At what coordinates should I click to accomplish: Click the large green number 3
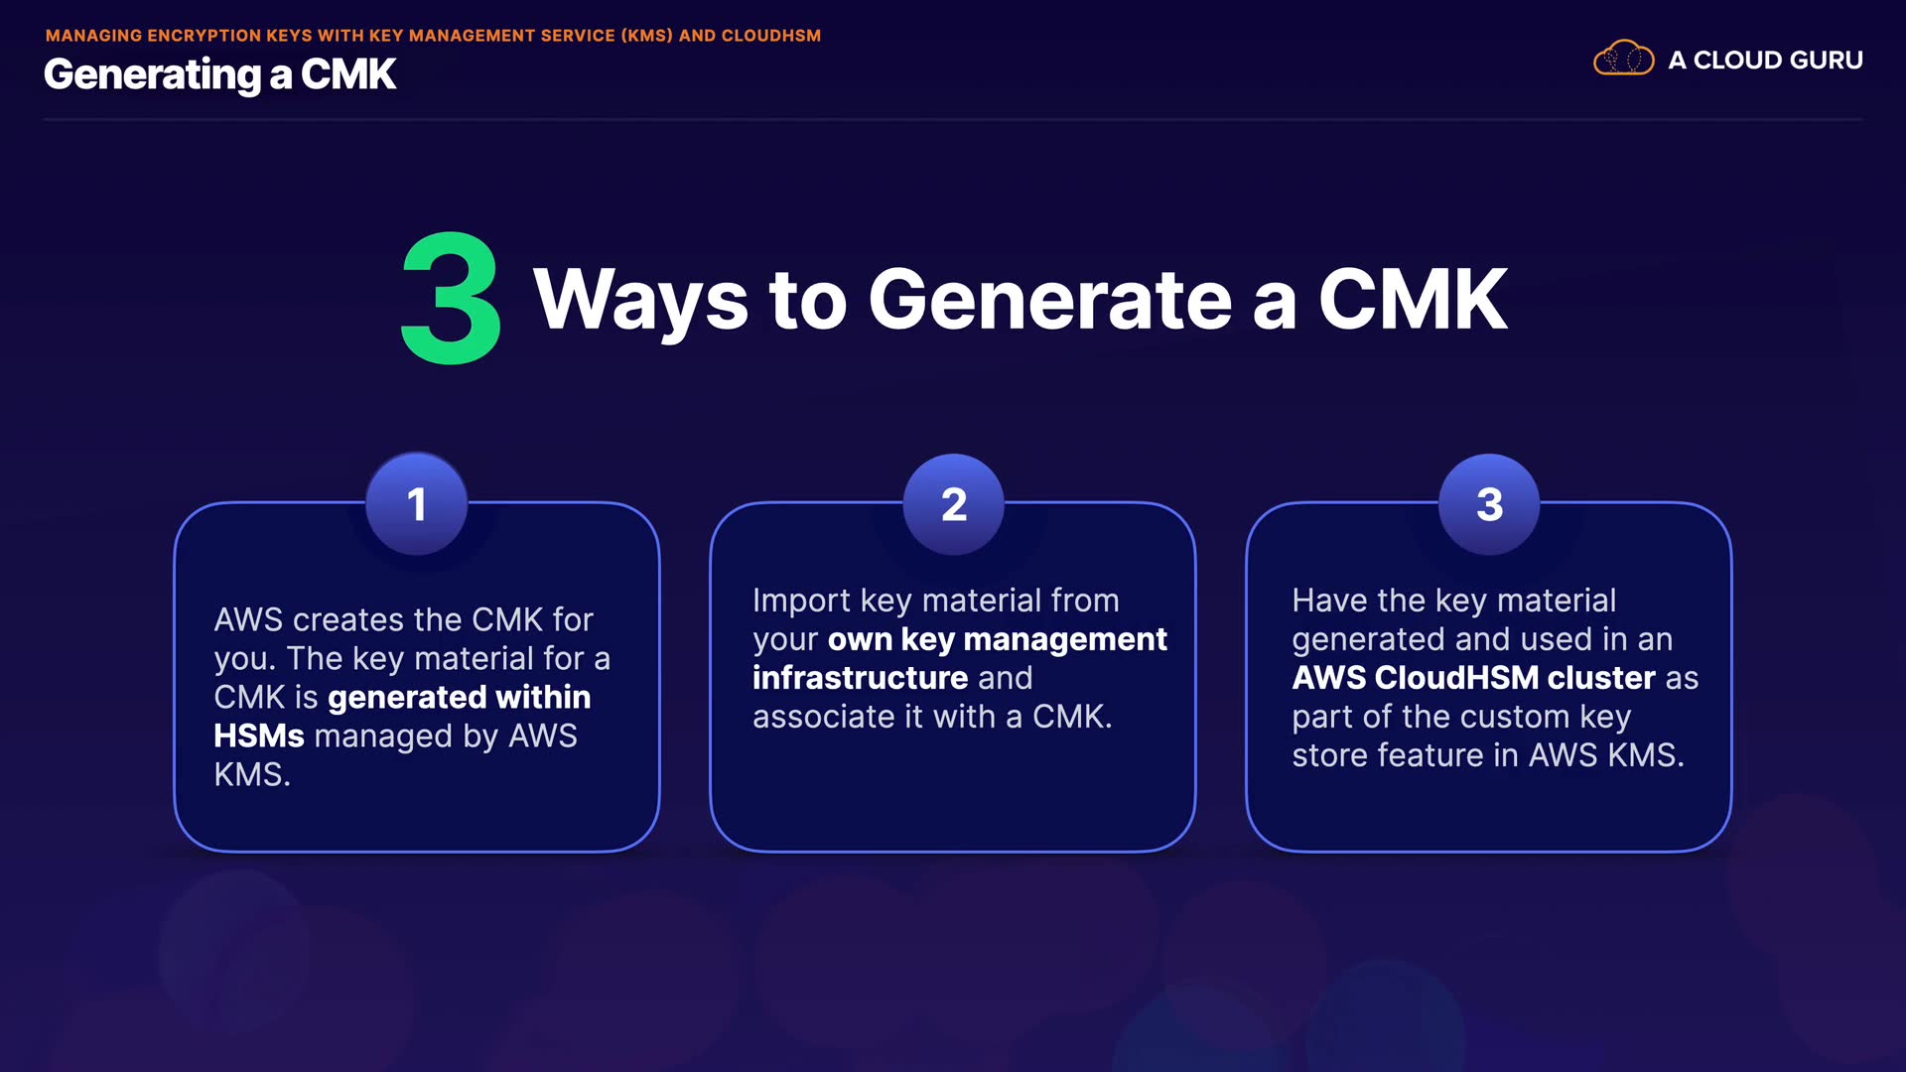pyautogui.click(x=451, y=299)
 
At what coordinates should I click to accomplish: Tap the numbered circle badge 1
pyautogui.click(x=417, y=504)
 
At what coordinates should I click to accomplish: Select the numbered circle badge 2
pyautogui.click(x=953, y=504)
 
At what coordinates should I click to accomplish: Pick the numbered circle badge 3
pyautogui.click(x=1489, y=504)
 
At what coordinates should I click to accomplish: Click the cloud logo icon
pyautogui.click(x=1623, y=59)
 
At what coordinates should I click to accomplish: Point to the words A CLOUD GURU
pyautogui.click(x=1765, y=61)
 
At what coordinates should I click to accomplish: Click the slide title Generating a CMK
pyautogui.click(x=219, y=75)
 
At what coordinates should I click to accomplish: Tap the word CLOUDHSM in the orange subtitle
pyautogui.click(x=770, y=36)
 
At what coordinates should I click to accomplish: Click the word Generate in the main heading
pyautogui.click(x=1049, y=300)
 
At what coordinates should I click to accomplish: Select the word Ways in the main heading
pyautogui.click(x=640, y=300)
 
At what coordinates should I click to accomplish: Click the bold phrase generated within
pyautogui.click(x=459, y=698)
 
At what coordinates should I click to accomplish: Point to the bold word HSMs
pyautogui.click(x=259, y=737)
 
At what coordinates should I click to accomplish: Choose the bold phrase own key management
pyautogui.click(x=997, y=640)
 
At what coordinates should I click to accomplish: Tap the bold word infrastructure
pyautogui.click(x=860, y=678)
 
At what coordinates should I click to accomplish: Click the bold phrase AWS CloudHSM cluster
pyautogui.click(x=1473, y=678)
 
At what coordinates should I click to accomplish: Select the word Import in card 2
pyautogui.click(x=801, y=601)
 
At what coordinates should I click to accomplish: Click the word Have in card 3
pyautogui.click(x=1329, y=601)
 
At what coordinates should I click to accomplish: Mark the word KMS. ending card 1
pyautogui.click(x=252, y=775)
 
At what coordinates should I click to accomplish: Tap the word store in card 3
pyautogui.click(x=1329, y=755)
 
